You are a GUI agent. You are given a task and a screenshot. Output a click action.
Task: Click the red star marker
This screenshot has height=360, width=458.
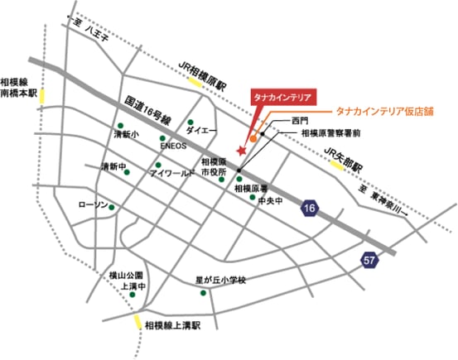[241, 151]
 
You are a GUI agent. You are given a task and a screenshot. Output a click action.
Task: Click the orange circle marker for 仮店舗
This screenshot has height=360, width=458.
[253, 138]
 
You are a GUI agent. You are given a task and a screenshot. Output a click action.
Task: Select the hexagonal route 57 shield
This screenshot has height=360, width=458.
[369, 260]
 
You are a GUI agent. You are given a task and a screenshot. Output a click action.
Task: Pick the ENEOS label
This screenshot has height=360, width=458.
[175, 149]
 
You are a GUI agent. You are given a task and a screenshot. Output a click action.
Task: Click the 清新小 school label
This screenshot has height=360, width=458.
[127, 134]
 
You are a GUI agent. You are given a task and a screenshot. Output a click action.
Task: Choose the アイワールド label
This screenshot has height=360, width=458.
[172, 175]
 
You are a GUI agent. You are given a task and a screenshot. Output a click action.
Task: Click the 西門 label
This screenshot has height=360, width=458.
[301, 121]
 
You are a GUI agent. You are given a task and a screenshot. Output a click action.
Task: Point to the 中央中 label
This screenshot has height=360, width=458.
[270, 200]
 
